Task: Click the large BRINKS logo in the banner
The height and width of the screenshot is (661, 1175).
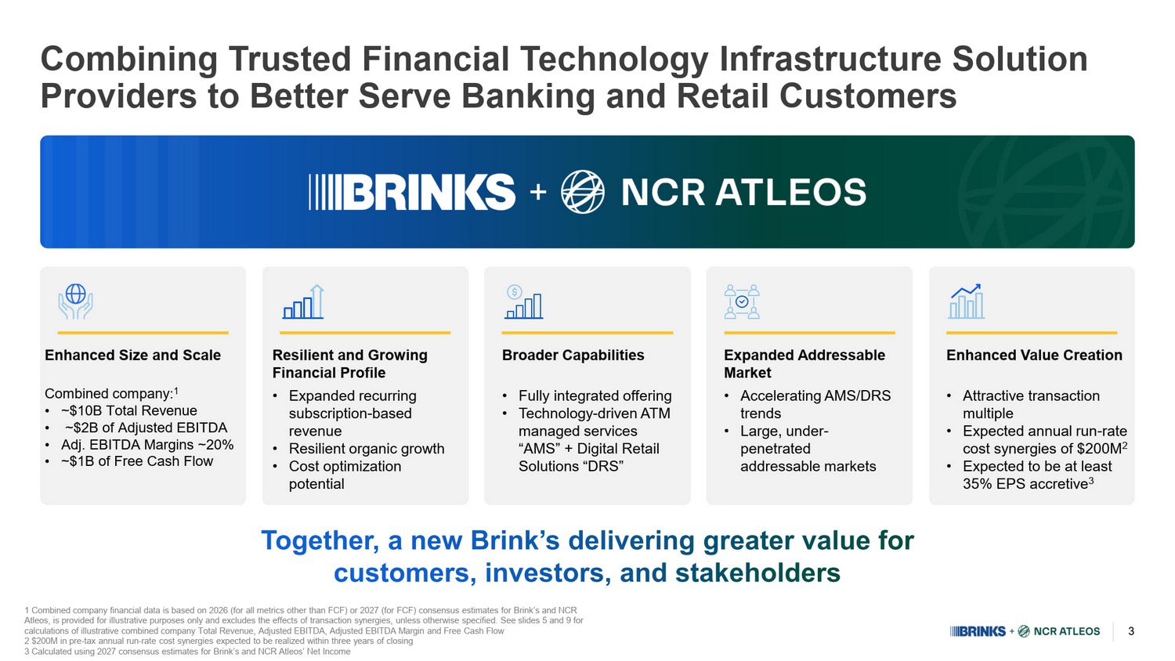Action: coord(412,192)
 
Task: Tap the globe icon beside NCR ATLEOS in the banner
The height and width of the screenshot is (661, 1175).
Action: coord(582,192)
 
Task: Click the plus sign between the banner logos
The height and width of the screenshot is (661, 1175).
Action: coord(537,192)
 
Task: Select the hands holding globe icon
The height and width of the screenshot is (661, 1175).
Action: coord(75,301)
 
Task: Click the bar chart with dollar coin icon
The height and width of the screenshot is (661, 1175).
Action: coord(523,302)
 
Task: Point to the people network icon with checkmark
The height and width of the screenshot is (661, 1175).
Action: coord(742,302)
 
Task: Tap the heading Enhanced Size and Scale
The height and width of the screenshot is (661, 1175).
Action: coord(132,355)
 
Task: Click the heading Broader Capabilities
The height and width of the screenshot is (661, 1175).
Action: coord(573,355)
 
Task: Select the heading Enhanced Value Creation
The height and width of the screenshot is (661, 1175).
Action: coord(1034,355)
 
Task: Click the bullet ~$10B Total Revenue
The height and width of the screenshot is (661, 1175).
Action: coord(129,410)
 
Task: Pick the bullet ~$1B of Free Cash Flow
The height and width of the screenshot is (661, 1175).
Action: coord(137,461)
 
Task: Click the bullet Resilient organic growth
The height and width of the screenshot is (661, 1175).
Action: coord(366,449)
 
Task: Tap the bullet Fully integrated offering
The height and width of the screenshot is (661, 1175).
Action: coord(595,396)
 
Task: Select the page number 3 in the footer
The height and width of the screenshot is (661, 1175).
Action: coord(1131,631)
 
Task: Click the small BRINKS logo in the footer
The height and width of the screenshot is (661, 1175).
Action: coord(978,631)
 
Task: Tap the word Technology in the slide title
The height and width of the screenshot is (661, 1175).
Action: coord(613,60)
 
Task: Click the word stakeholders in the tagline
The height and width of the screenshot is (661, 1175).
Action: coord(757,573)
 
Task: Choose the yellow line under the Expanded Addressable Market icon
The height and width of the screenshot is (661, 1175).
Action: coord(809,333)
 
